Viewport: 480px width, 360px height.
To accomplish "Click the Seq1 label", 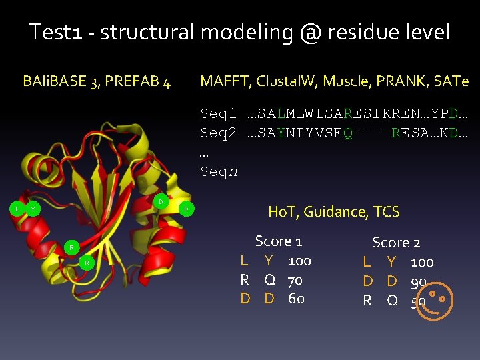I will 218,115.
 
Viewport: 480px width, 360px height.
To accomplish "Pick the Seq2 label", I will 218,134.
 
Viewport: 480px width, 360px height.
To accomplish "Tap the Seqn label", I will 218,172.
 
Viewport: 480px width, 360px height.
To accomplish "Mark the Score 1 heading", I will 279,241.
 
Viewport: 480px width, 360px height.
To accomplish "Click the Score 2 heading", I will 396,243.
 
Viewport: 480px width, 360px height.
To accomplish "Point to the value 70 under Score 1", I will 295,280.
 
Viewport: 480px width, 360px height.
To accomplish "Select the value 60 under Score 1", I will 296,299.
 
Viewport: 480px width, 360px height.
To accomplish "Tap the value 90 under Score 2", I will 418,282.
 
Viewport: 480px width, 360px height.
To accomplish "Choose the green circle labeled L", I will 17,209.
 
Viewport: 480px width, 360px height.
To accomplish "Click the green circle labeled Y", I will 32,209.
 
